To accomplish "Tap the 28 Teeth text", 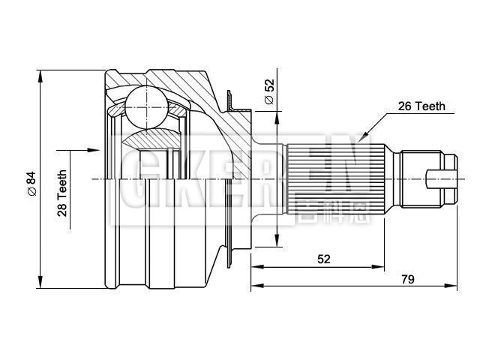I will (x=62, y=193).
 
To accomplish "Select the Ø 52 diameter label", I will (x=268, y=92).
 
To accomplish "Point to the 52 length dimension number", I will (x=323, y=259).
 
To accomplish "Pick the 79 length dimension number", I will (x=408, y=279).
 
